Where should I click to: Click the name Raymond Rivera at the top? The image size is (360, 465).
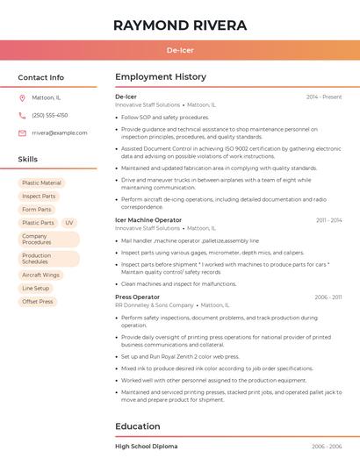click(180, 25)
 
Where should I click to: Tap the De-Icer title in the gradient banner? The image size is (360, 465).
click(180, 50)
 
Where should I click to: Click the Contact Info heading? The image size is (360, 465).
click(40, 77)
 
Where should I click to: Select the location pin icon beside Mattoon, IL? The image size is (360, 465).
click(22, 97)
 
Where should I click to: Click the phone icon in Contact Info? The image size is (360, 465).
click(22, 115)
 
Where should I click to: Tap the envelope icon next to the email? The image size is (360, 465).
click(22, 132)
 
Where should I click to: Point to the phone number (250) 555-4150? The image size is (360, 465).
click(49, 115)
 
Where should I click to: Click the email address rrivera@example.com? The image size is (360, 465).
click(59, 132)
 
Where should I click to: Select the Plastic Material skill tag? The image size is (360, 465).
click(41, 182)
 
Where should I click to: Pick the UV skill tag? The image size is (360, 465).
click(69, 223)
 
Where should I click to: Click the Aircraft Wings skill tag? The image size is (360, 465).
click(40, 275)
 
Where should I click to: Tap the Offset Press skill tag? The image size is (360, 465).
click(38, 301)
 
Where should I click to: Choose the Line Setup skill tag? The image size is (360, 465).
click(36, 288)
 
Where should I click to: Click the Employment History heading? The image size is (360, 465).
click(161, 77)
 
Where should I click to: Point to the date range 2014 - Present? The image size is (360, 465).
click(324, 97)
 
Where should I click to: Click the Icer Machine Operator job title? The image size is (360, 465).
click(148, 220)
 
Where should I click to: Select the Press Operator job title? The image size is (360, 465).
click(137, 297)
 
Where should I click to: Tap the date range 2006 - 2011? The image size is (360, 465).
click(328, 297)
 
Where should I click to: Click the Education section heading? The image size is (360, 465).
click(138, 426)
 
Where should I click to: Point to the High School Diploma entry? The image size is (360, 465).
click(146, 447)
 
